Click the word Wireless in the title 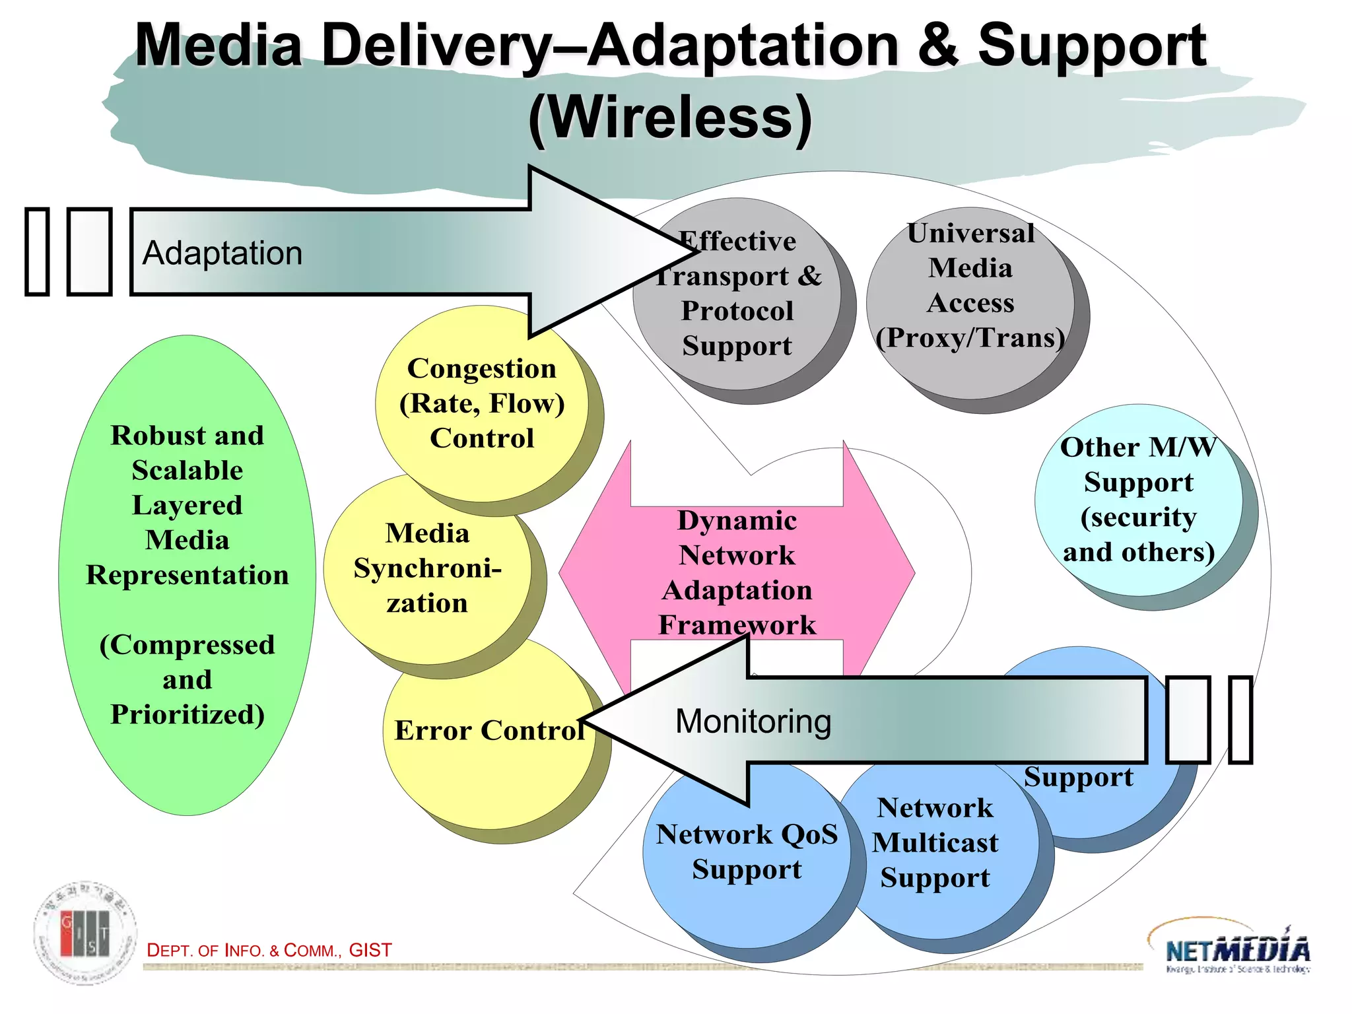(x=670, y=118)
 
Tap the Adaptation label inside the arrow (x=222, y=253)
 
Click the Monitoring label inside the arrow (x=753, y=722)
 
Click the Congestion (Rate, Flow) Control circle (x=481, y=403)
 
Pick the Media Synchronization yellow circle (x=427, y=568)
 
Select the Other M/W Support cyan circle (x=1138, y=500)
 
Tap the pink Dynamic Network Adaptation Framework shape (x=737, y=572)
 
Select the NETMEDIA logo (x=1237, y=949)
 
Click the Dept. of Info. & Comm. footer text (x=269, y=951)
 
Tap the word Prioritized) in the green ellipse (x=187, y=715)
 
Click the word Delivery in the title (x=436, y=46)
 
